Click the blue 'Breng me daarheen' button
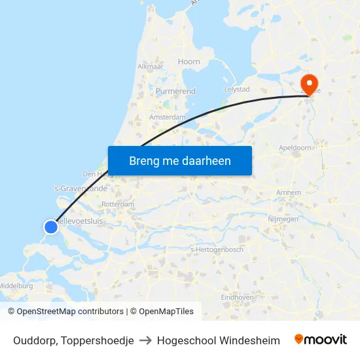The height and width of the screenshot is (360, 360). pyautogui.click(x=179, y=160)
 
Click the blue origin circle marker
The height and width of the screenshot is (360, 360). pyautogui.click(x=51, y=227)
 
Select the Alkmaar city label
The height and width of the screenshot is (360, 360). pyautogui.click(x=150, y=67)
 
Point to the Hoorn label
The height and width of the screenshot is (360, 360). pyautogui.click(x=189, y=62)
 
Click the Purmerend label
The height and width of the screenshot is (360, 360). pyautogui.click(x=175, y=92)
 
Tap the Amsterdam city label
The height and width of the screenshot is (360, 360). pyautogui.click(x=168, y=117)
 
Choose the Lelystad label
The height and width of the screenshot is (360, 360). pyautogui.click(x=237, y=89)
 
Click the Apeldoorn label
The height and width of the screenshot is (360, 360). pyautogui.click(x=295, y=148)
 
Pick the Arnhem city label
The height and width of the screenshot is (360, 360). pyautogui.click(x=289, y=192)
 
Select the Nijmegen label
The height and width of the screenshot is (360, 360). pyautogui.click(x=283, y=219)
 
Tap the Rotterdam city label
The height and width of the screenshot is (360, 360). pyautogui.click(x=118, y=204)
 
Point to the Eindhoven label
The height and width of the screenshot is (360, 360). pyautogui.click(x=237, y=297)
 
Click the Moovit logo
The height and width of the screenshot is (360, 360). pyautogui.click(x=320, y=340)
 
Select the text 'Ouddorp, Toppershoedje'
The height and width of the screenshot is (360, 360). pyautogui.click(x=73, y=340)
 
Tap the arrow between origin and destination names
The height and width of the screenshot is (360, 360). pyautogui.click(x=145, y=340)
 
